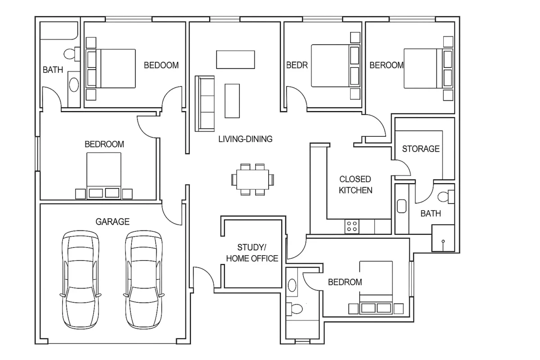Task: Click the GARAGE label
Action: (x=112, y=221)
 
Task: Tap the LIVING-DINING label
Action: (x=245, y=139)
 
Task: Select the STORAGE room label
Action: (x=421, y=149)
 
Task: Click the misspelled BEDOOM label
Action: (x=161, y=65)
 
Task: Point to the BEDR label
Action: (x=297, y=65)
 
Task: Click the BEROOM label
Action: (x=387, y=65)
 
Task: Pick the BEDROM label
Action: (x=345, y=282)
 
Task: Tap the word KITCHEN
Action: (x=355, y=190)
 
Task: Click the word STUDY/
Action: (x=252, y=247)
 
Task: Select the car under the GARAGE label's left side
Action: (x=81, y=280)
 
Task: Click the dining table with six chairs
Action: (x=252, y=180)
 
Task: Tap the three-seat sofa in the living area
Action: (x=205, y=103)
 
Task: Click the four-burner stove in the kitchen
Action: (x=352, y=226)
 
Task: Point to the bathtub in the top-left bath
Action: (x=59, y=31)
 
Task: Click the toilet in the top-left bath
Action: (x=72, y=54)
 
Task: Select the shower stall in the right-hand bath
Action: (x=443, y=238)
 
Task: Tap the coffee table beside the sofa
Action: (x=232, y=101)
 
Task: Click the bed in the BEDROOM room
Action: (x=104, y=175)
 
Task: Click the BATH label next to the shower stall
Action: (x=431, y=213)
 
